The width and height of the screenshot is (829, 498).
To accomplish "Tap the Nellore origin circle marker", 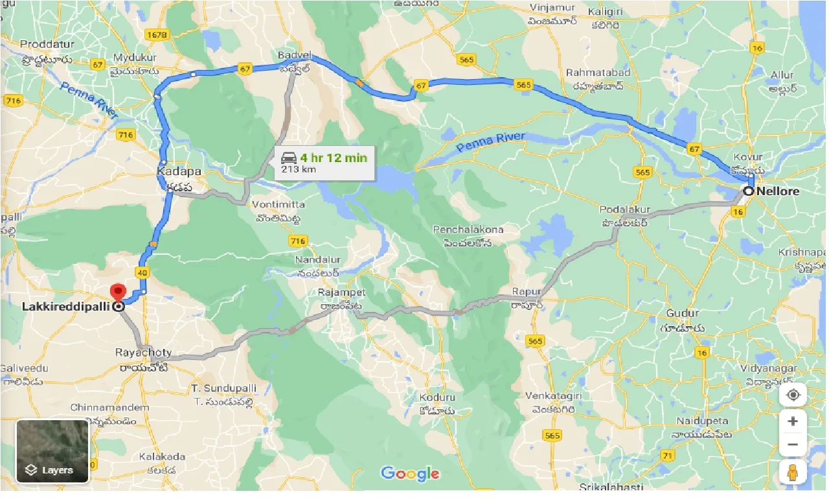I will pyautogui.click(x=749, y=191).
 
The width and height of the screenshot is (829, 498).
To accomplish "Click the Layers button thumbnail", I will pyautogui.click(x=52, y=451).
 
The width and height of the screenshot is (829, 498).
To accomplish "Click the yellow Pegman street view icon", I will pyautogui.click(x=793, y=473).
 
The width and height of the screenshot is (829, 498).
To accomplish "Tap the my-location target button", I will pyautogui.click(x=793, y=396).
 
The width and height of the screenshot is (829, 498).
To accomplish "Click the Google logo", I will pyautogui.click(x=410, y=474).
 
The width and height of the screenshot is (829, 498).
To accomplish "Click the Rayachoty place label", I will pyautogui.click(x=144, y=353).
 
